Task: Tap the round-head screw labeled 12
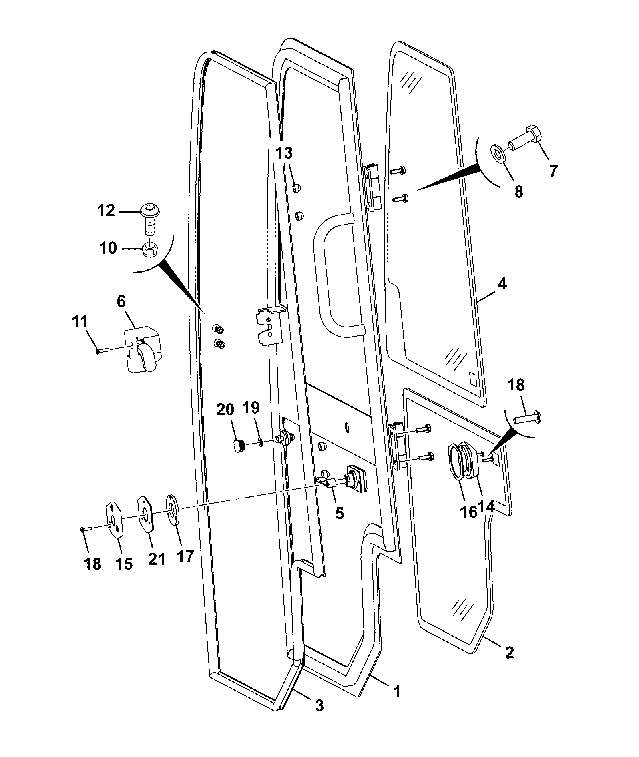pos(149,220)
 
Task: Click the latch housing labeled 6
pos(143,349)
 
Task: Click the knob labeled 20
pos(239,445)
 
